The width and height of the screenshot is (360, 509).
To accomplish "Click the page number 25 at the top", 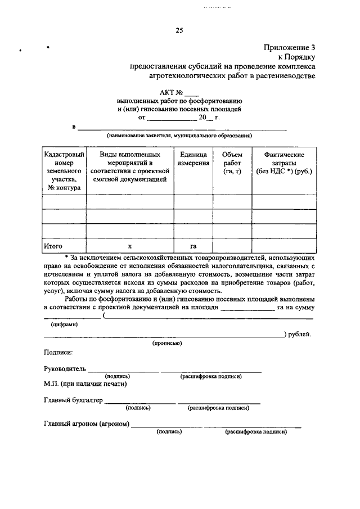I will point(179,30).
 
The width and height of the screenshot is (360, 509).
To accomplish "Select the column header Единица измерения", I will point(193,159).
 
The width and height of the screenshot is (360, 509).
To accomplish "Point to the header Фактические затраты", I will point(283,163).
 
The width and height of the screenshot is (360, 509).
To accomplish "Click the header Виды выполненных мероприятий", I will point(130,166).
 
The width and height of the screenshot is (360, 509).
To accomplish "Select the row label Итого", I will point(53,246).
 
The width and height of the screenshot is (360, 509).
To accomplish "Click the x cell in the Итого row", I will point(129,246).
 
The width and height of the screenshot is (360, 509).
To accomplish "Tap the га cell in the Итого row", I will point(193,246).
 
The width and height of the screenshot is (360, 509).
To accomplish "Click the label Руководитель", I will point(65,369).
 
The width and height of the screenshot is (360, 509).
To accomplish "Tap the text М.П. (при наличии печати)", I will point(85,384).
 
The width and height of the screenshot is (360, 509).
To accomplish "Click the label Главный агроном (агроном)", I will point(87,424).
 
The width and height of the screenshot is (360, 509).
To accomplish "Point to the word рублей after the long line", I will point(300,334).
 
